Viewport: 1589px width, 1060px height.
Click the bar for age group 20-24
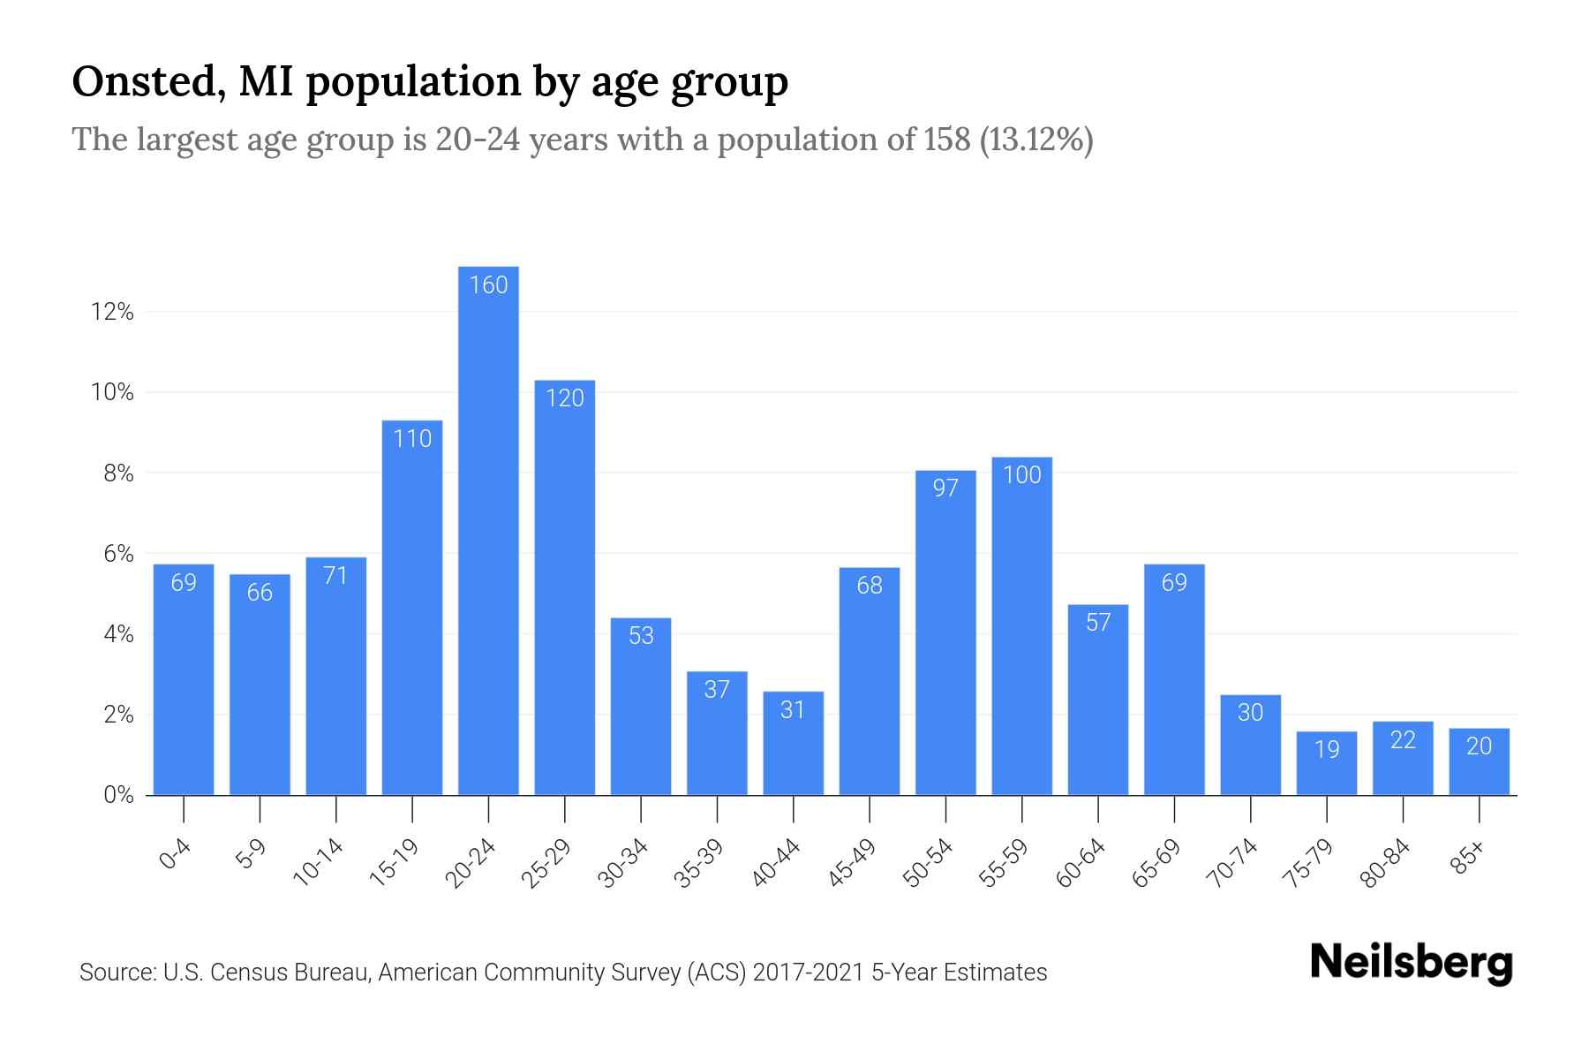coord(488,530)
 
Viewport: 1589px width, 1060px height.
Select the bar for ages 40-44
coord(793,743)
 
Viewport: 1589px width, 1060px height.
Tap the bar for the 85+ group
coord(1479,761)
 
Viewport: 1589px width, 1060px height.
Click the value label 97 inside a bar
coord(945,488)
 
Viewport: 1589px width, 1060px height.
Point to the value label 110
coord(412,438)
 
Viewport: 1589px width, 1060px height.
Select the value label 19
coord(1327,749)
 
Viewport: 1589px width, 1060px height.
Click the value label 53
coord(641,635)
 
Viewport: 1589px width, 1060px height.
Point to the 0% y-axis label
coord(118,795)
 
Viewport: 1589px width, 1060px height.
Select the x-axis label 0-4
coord(176,855)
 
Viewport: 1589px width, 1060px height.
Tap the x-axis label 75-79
coord(1309,863)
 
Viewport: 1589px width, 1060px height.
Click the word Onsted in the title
coord(141,81)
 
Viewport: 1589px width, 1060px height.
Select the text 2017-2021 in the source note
coord(809,973)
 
